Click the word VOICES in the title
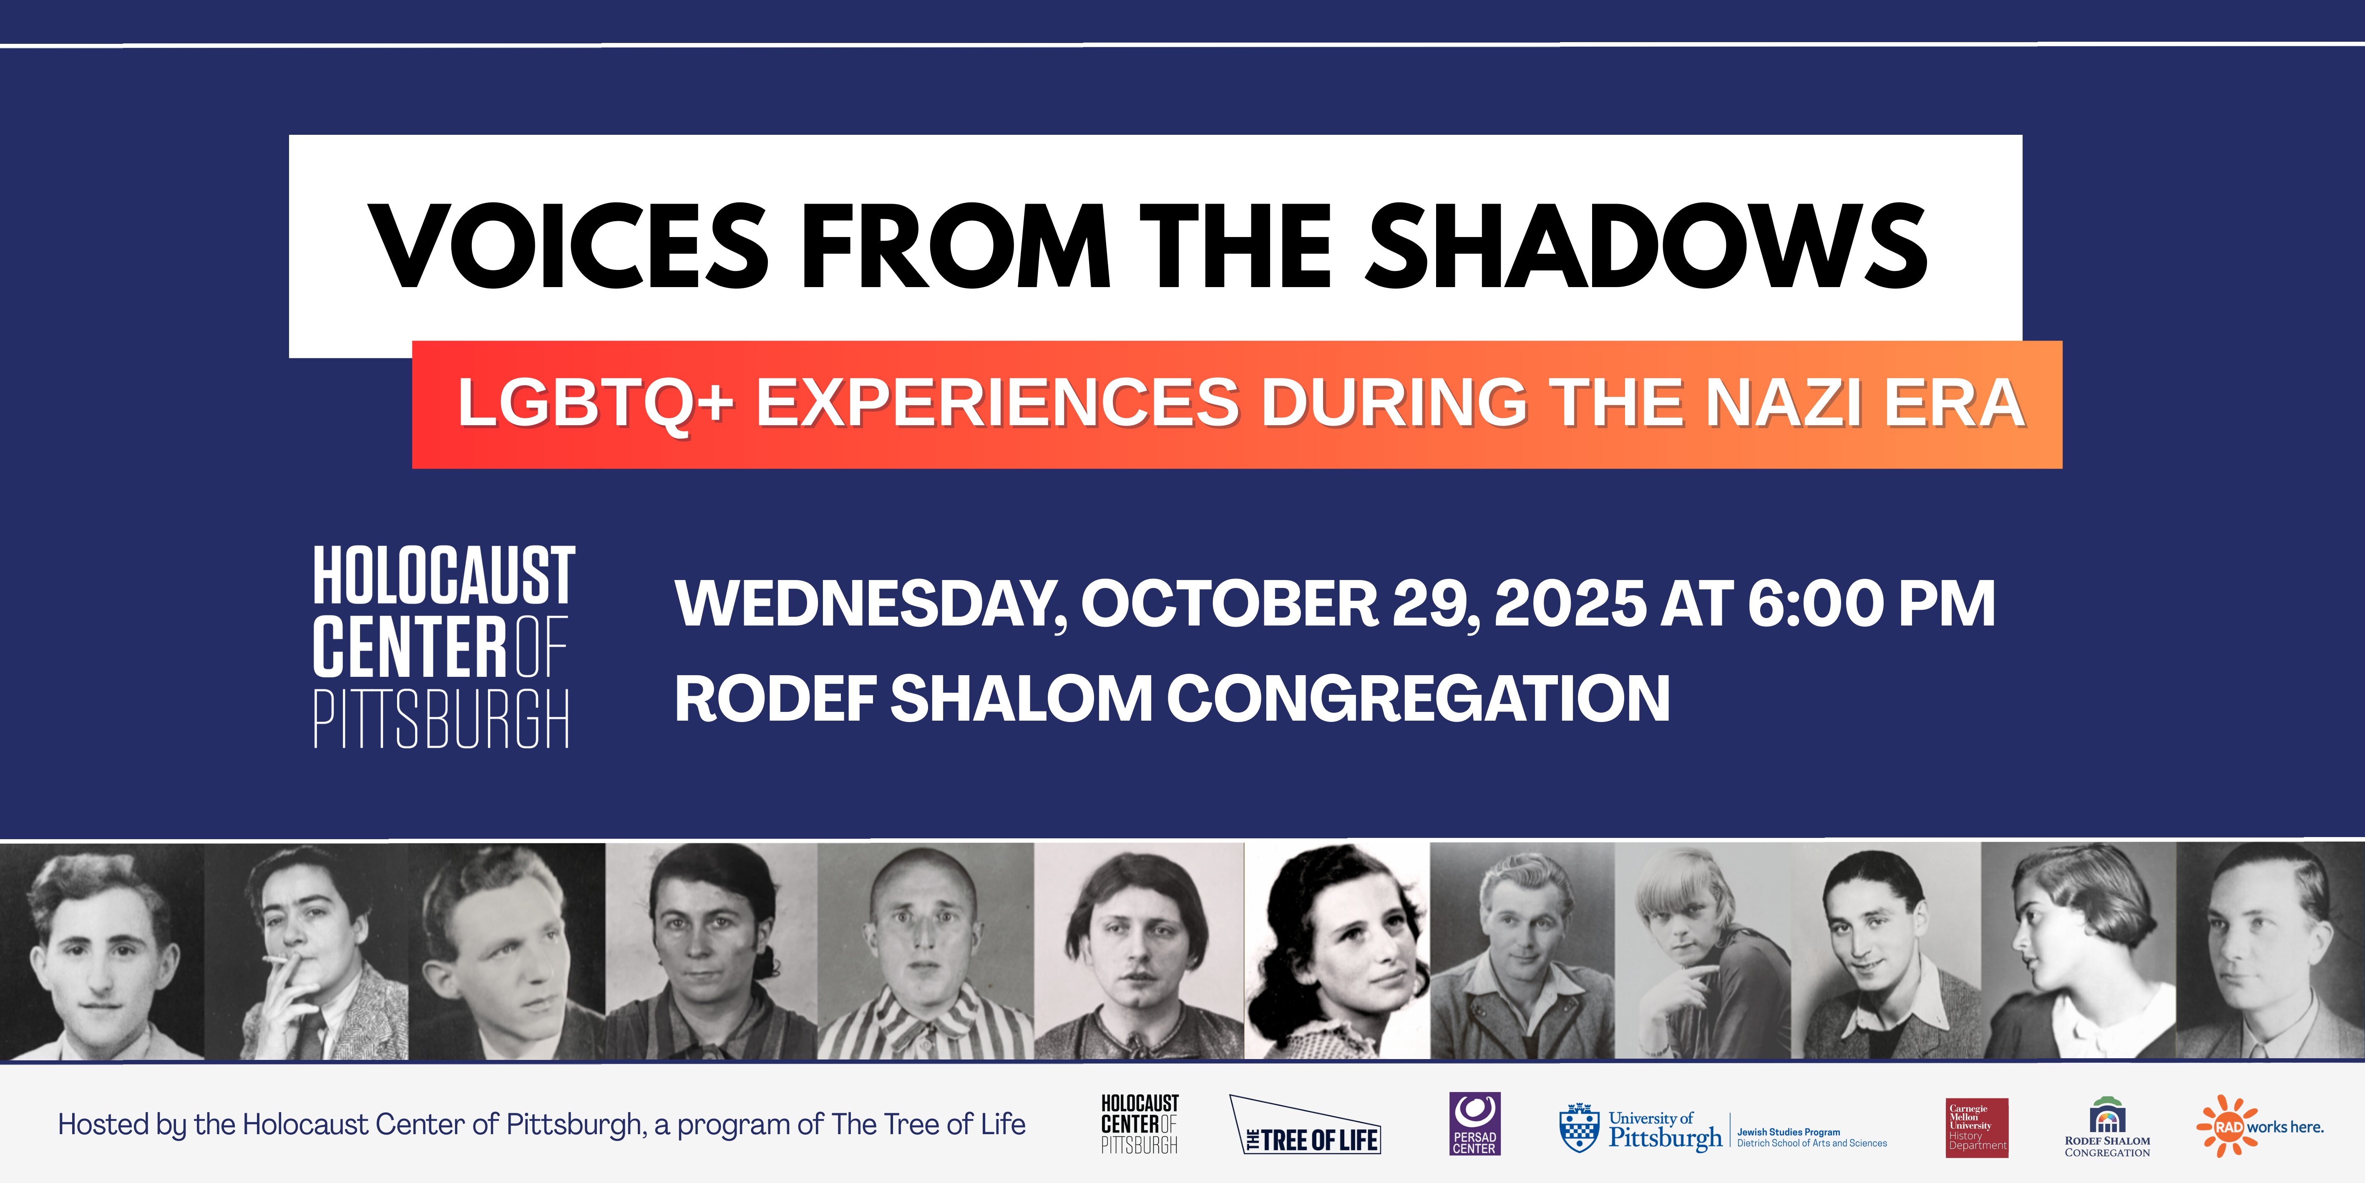pos(569,244)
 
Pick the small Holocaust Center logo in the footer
pos(1140,1123)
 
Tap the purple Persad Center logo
pos(1474,1123)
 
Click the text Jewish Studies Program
pos(1789,1133)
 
